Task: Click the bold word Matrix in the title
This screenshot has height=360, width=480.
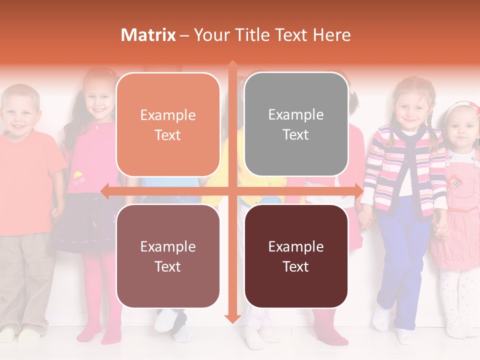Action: point(148,35)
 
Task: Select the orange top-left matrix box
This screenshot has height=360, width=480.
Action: point(168,124)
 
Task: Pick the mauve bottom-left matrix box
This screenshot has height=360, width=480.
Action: point(168,256)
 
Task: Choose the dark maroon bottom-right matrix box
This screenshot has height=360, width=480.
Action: point(296,256)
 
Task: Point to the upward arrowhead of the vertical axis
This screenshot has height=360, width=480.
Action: point(232,65)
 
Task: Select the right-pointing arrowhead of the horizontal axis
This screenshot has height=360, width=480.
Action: point(358,191)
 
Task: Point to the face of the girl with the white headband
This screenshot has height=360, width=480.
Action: point(461,127)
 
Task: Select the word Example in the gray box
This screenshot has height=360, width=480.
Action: point(296,114)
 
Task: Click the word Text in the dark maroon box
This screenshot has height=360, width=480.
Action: point(296,266)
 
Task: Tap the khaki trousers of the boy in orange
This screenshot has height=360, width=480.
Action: point(25,280)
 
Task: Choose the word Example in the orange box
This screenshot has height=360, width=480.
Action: point(168,115)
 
